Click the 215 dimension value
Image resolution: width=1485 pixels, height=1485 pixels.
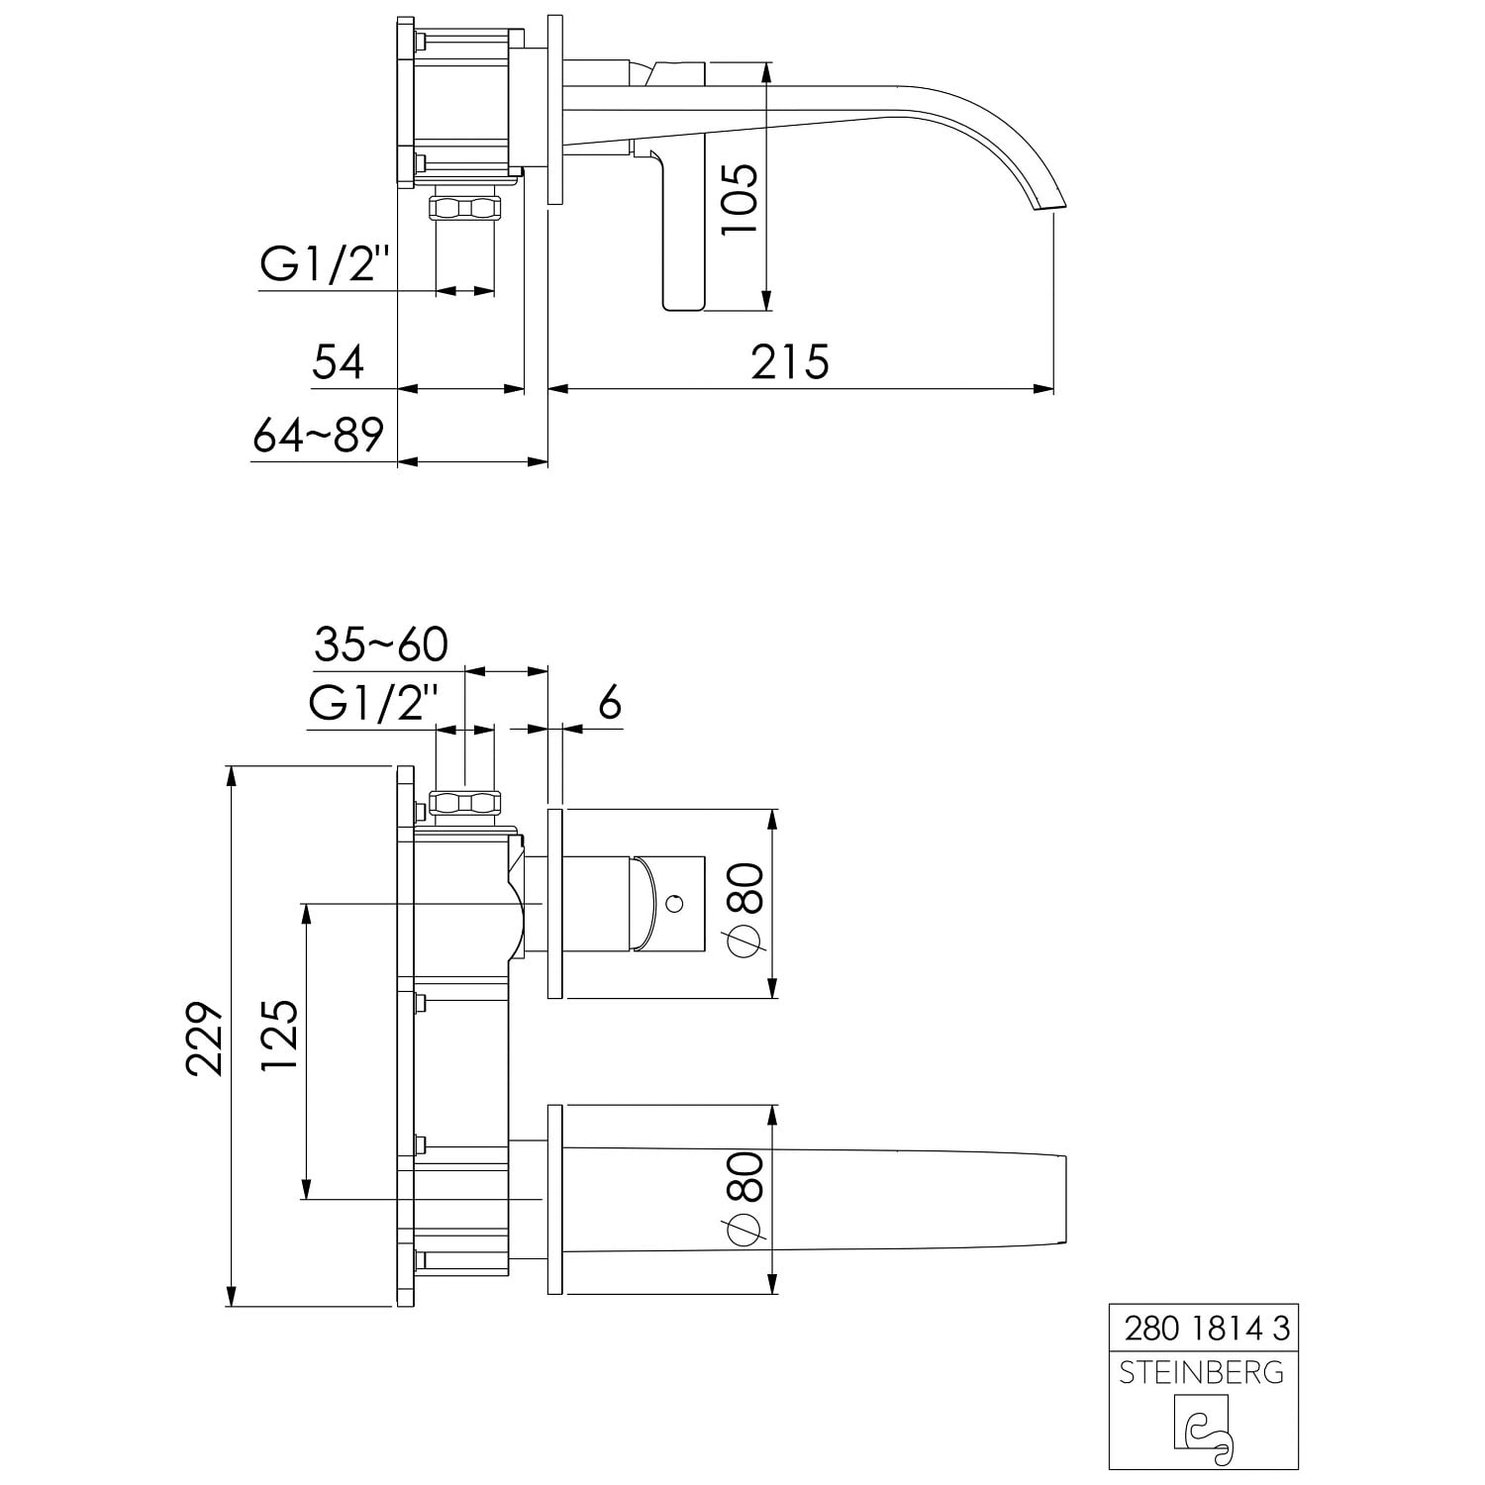789,362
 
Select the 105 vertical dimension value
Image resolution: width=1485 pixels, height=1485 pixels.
740,199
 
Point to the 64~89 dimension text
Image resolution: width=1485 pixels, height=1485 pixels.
318,435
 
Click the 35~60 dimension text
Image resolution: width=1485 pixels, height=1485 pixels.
381,644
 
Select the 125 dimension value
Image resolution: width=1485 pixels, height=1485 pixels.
279,1035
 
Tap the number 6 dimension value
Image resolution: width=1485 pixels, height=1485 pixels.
610,703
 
